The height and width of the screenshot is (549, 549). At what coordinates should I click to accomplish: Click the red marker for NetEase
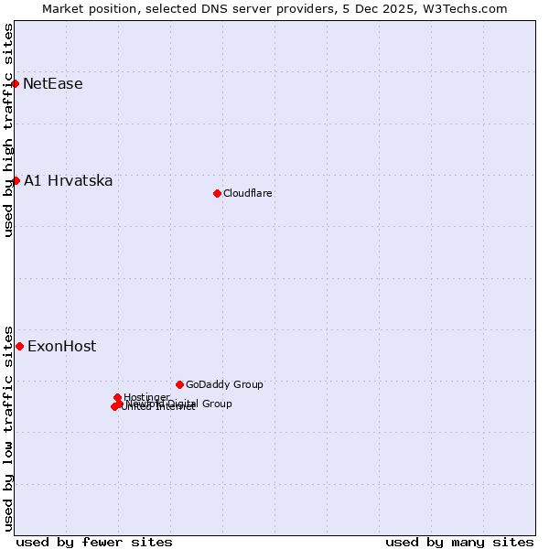point(16,84)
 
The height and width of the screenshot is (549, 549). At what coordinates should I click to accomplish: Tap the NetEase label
point(53,84)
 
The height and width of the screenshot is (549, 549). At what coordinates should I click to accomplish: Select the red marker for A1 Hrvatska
point(16,181)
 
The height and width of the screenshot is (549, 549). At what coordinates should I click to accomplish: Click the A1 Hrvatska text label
point(69,181)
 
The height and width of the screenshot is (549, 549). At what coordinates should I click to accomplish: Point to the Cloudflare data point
point(217,193)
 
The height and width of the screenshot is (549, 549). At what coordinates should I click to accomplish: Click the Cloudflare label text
point(248,193)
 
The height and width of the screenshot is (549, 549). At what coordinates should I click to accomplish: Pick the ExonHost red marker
point(19,346)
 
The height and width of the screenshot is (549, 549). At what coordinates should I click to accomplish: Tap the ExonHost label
point(61,346)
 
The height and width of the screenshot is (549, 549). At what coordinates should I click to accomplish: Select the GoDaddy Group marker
point(179,384)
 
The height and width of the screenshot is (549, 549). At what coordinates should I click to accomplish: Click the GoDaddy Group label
point(224,385)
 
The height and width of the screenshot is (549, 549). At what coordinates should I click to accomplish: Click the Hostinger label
point(146,396)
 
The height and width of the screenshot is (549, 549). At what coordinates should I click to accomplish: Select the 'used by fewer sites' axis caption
point(94,542)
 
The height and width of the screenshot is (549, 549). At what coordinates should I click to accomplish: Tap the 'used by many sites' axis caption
point(459,542)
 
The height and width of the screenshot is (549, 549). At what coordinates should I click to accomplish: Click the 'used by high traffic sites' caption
point(9,130)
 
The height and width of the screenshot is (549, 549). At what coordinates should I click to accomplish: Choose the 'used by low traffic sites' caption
point(9,427)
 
